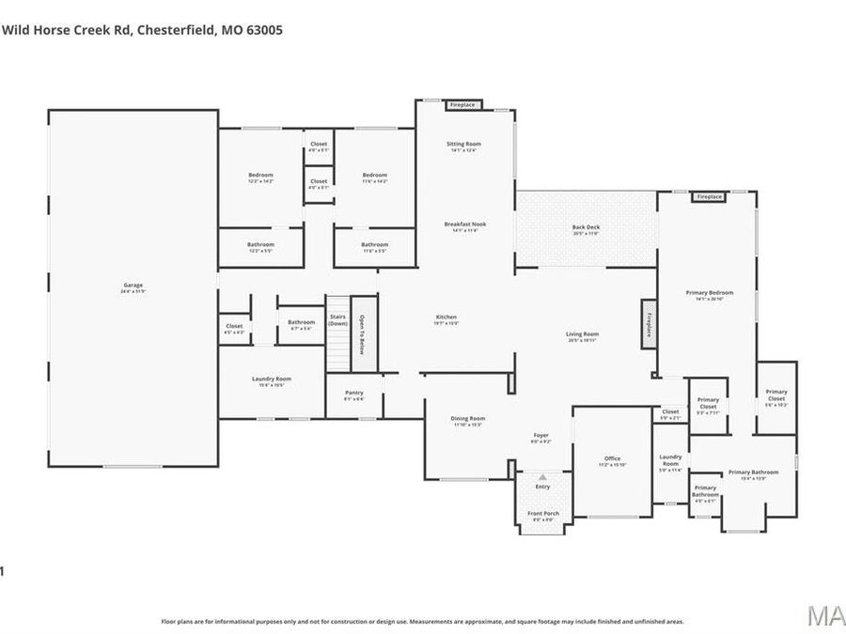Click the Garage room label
(x=132, y=286)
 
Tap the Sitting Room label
(x=463, y=145)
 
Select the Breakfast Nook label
(x=465, y=224)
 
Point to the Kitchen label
(x=446, y=317)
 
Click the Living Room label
(x=582, y=334)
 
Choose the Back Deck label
(x=586, y=227)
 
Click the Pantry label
(x=353, y=393)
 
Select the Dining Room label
(x=468, y=419)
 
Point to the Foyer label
(x=540, y=436)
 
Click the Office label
(x=612, y=458)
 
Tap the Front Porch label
(x=542, y=514)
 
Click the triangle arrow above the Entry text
(x=542, y=477)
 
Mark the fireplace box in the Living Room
(x=648, y=325)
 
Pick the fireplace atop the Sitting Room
(x=463, y=105)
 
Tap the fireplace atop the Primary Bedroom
(x=709, y=197)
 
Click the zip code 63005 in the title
(x=264, y=30)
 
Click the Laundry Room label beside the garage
(x=272, y=379)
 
